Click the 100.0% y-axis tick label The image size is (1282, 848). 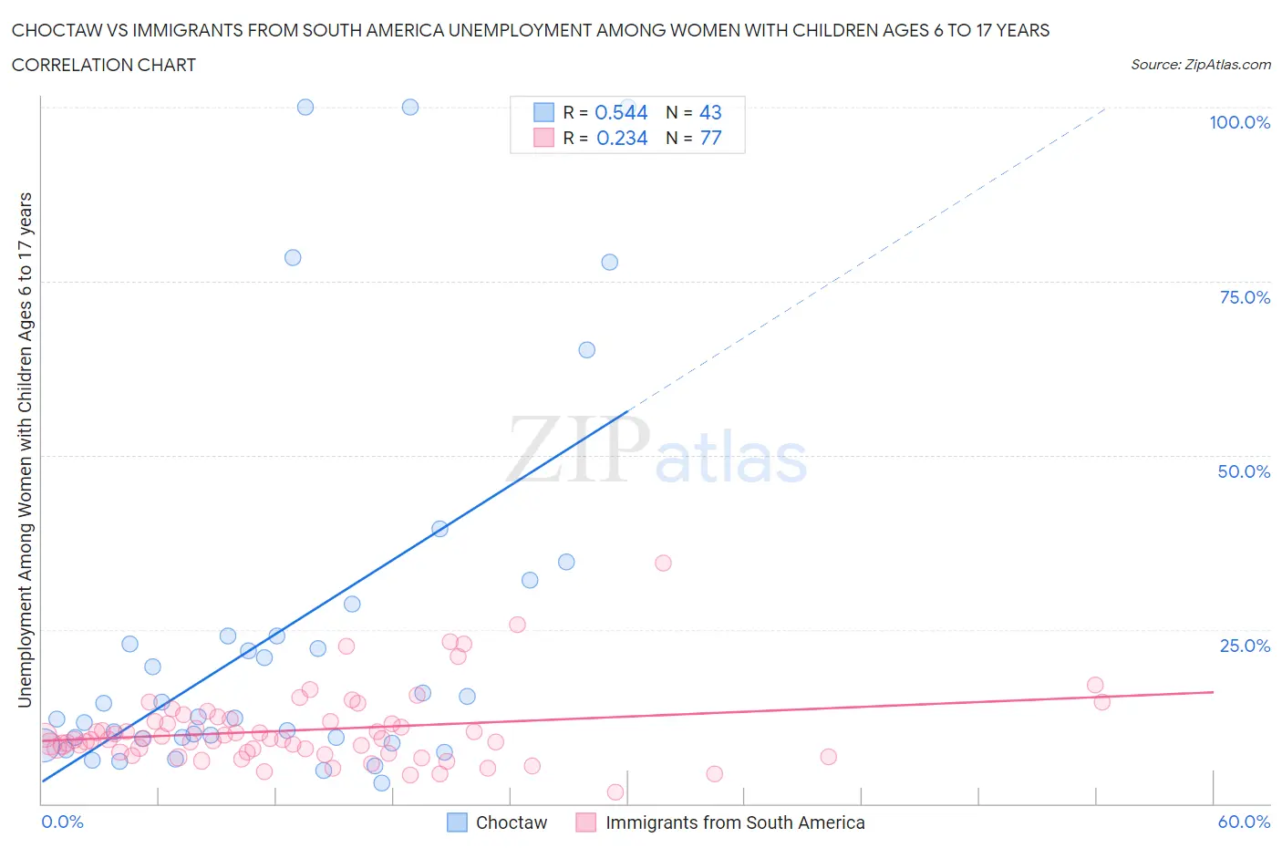pos(1239,123)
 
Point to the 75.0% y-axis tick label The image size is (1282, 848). pos(1245,297)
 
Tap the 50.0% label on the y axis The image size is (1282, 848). pos(1244,471)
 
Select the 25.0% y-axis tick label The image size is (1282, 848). pos(1245,646)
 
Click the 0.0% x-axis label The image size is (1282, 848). pos(62,822)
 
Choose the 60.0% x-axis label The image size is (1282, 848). pos(1244,822)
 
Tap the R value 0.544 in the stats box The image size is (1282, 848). pos(621,112)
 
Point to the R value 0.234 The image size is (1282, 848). pos(622,138)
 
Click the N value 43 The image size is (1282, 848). pos(710,112)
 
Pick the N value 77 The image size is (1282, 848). pos(710,138)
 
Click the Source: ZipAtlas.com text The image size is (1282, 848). pos(1200,64)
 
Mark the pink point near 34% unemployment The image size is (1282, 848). pos(663,563)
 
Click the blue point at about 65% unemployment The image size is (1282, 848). pos(587,350)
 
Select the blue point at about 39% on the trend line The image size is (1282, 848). pos(439,528)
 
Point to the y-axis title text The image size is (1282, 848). pos(25,450)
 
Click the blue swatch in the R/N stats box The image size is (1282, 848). pos(543,112)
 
